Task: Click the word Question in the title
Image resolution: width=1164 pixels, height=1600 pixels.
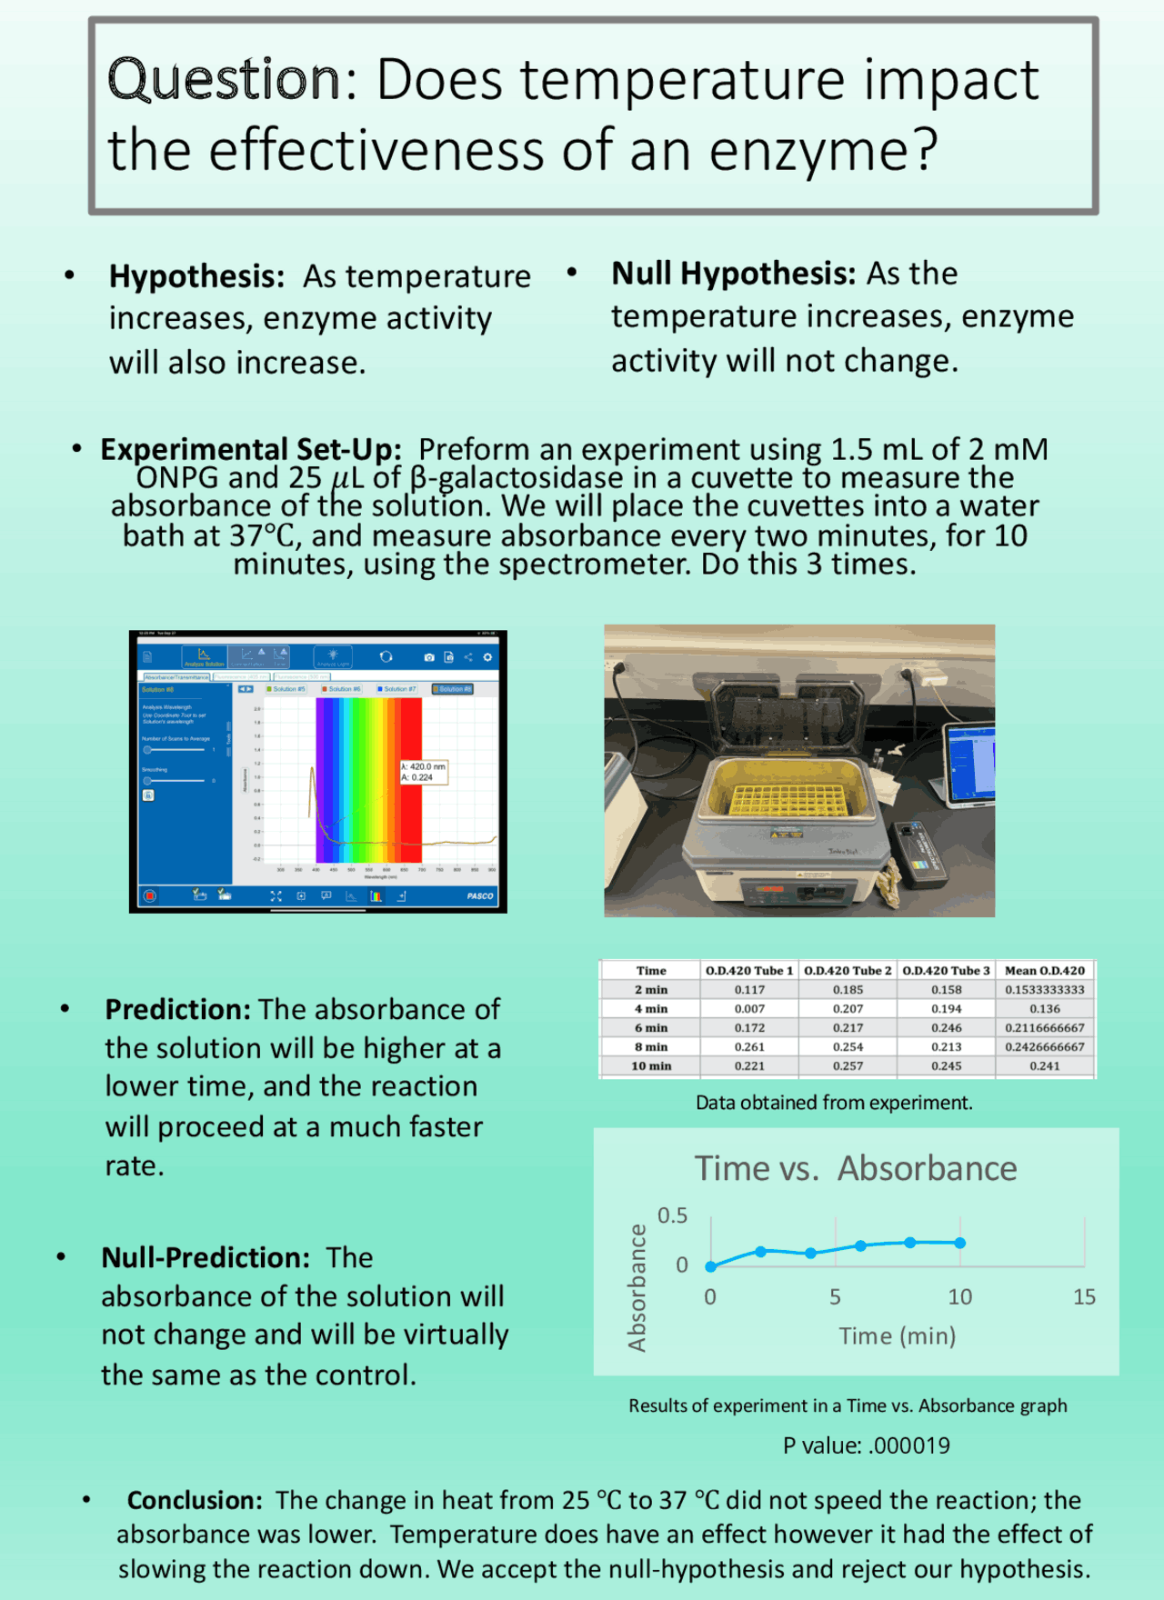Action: pyautogui.click(x=224, y=79)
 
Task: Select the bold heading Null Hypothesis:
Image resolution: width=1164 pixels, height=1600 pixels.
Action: pyautogui.click(x=733, y=273)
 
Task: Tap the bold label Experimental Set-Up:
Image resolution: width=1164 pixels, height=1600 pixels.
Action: pyautogui.click(x=250, y=449)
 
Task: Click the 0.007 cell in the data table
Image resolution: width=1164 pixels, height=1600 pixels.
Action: pyautogui.click(x=749, y=1009)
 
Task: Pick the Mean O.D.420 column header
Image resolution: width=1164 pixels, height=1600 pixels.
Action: pyautogui.click(x=1044, y=971)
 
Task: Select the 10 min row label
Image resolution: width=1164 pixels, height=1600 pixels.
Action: pyautogui.click(x=651, y=1065)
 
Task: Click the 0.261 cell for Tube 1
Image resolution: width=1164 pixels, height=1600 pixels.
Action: pyautogui.click(x=749, y=1046)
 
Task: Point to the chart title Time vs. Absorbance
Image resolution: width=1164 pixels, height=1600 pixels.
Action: pyautogui.click(x=855, y=1168)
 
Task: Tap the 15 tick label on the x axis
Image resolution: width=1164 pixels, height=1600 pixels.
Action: pyautogui.click(x=1084, y=1297)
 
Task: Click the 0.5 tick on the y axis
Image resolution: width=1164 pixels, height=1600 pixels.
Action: pyautogui.click(x=672, y=1215)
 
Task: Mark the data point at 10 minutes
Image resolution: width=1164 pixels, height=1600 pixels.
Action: pyautogui.click(x=960, y=1243)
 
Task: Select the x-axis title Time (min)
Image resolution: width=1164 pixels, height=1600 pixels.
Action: pyautogui.click(x=897, y=1335)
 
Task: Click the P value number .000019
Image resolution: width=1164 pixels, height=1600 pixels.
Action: pyautogui.click(x=908, y=1445)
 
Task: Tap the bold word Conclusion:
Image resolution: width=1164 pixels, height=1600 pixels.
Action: pyautogui.click(x=195, y=1500)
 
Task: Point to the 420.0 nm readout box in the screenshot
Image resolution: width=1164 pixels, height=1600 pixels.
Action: pyautogui.click(x=423, y=772)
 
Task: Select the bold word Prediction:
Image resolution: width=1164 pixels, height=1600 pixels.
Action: pyautogui.click(x=177, y=1009)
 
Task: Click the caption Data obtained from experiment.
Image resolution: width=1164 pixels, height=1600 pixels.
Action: pyautogui.click(x=834, y=1103)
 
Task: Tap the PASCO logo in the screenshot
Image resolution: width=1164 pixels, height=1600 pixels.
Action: pyautogui.click(x=480, y=896)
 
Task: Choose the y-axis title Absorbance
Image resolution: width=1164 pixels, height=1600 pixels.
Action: pyautogui.click(x=637, y=1286)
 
